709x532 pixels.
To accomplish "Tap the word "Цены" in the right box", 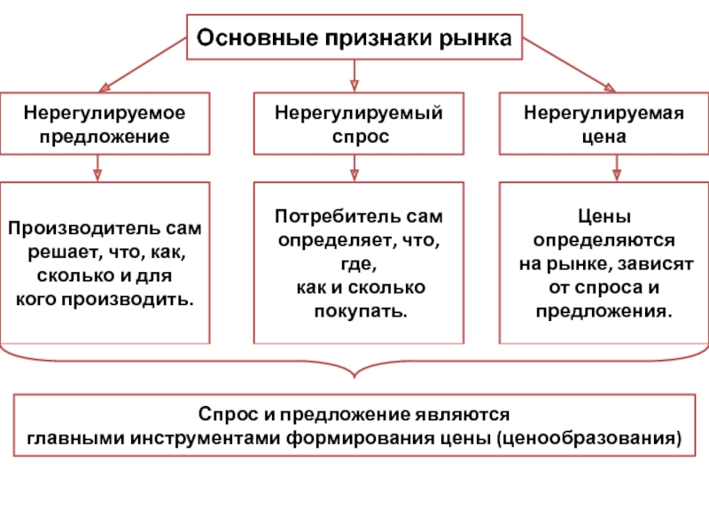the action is (604, 216).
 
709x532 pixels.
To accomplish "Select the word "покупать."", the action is (361, 311).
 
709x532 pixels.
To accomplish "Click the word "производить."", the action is (128, 299).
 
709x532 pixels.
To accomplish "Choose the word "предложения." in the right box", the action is (604, 311).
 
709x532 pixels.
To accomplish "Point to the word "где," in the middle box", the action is (359, 263).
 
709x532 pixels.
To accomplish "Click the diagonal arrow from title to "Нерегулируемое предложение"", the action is (143, 65).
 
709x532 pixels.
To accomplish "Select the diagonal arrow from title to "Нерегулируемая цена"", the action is (569, 65).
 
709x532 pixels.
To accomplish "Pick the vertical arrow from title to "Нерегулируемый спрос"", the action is (354, 75).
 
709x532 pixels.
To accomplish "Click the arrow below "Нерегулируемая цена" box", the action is (617, 168).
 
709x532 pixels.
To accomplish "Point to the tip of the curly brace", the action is (354, 378).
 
